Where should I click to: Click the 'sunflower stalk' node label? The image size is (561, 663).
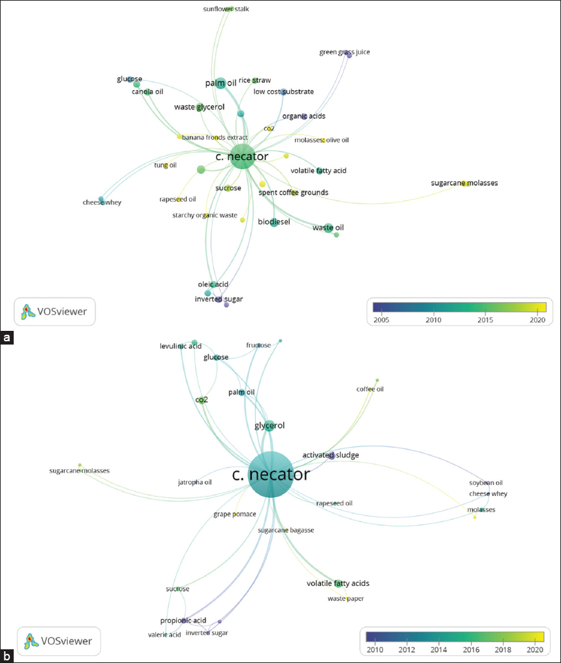click(226, 9)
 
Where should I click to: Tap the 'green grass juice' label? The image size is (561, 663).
click(345, 52)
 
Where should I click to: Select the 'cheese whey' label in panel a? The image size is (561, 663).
click(102, 202)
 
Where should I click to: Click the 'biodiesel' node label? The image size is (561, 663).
click(274, 222)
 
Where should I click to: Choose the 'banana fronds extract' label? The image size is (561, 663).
click(215, 138)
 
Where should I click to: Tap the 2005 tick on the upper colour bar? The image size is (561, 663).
click(381, 320)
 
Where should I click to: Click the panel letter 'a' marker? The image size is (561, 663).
click(7, 337)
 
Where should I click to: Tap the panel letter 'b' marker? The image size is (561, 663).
click(7, 656)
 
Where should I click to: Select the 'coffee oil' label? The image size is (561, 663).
click(370, 390)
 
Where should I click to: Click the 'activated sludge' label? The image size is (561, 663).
click(331, 455)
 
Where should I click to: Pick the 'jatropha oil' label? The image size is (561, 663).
click(195, 483)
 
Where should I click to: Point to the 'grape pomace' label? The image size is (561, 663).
click(235, 515)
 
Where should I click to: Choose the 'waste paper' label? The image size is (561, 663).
click(346, 598)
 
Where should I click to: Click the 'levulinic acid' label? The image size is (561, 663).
click(181, 346)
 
